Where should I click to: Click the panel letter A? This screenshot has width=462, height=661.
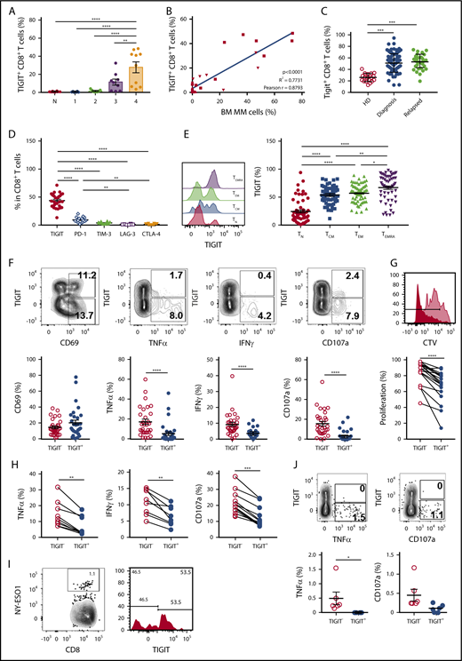[6, 7]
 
